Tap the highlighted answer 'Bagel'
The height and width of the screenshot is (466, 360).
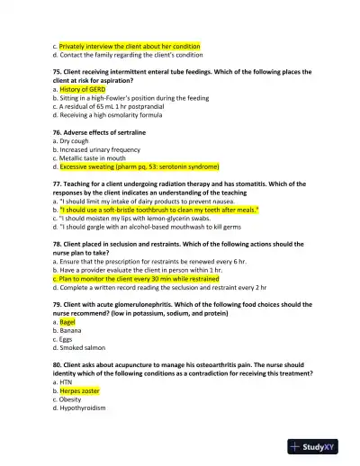tap(68, 321)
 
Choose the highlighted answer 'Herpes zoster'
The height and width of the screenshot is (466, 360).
tap(79, 391)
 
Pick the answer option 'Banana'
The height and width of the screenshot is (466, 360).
tap(71, 329)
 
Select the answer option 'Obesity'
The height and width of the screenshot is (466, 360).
tap(72, 399)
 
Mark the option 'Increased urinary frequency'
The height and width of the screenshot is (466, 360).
tap(100, 149)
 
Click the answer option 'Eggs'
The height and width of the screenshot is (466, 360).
tap(68, 338)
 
